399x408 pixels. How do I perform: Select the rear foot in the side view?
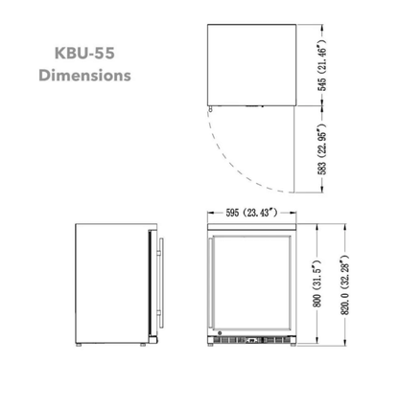click(82, 342)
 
